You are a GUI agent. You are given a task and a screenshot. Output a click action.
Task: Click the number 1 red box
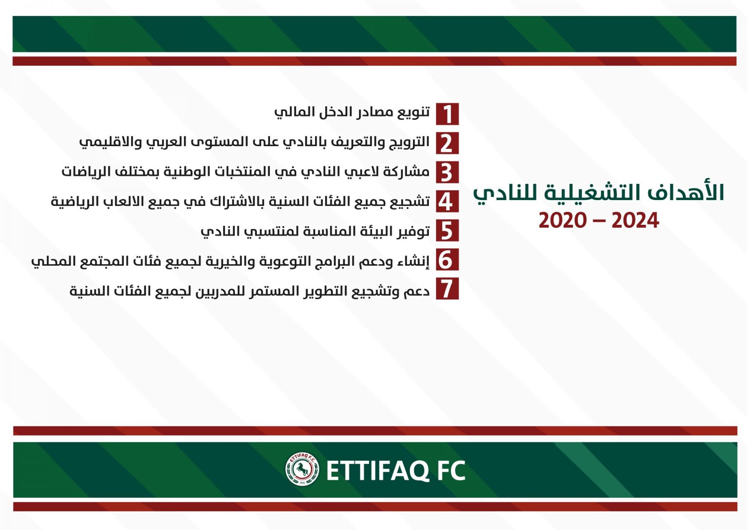click(x=447, y=114)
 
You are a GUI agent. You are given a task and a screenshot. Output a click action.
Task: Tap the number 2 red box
click(x=447, y=143)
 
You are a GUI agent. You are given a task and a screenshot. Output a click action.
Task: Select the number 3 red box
click(x=447, y=172)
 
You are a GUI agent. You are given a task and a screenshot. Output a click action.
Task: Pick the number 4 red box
click(x=447, y=201)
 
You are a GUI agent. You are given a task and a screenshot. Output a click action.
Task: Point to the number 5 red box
click(x=447, y=230)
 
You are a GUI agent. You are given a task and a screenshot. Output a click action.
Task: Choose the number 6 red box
click(x=447, y=259)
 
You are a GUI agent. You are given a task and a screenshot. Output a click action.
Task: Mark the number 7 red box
click(x=447, y=289)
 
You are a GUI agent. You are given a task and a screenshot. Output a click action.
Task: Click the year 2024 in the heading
click(x=635, y=220)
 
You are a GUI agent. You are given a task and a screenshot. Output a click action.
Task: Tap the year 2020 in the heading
click(x=563, y=220)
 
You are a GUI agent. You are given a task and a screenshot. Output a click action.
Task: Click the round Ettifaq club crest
click(x=302, y=469)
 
